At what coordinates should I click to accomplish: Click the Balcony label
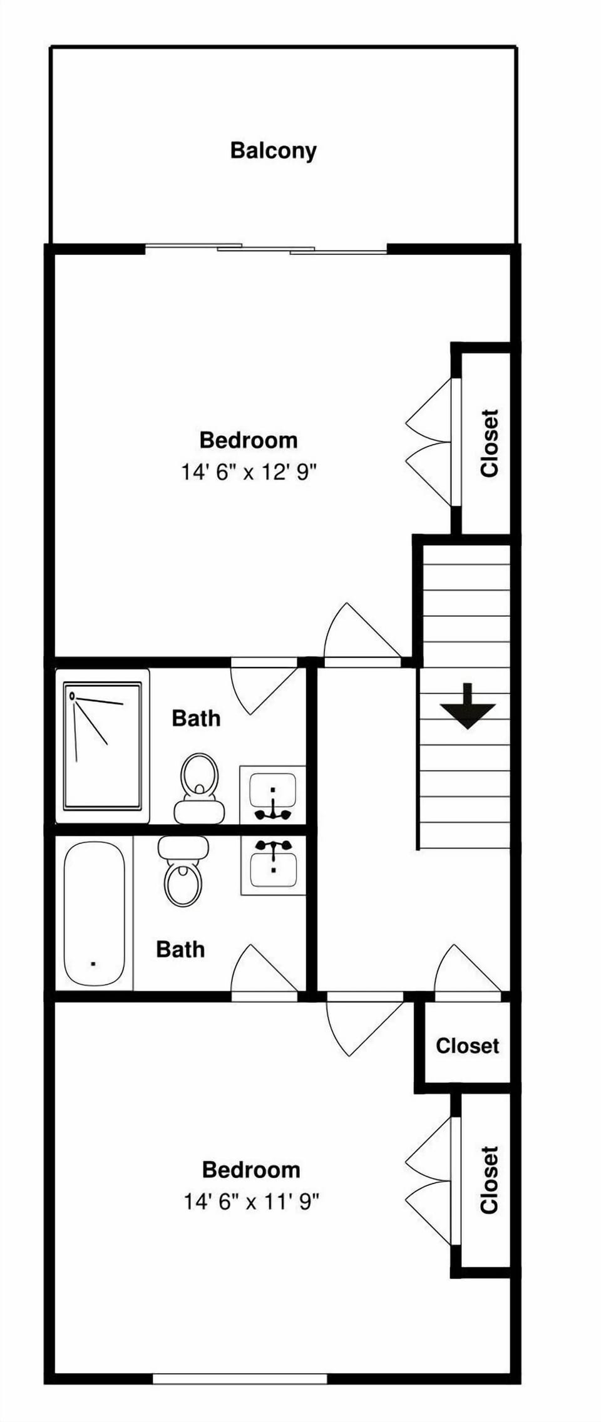click(273, 151)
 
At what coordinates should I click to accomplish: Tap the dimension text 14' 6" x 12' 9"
click(249, 471)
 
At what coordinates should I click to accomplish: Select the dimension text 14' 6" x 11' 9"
click(251, 1202)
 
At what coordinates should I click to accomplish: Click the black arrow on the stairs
click(468, 707)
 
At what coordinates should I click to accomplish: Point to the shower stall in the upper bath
click(102, 746)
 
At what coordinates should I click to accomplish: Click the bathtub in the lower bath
click(95, 914)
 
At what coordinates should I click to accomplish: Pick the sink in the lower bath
click(273, 865)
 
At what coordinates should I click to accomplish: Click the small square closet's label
click(467, 1046)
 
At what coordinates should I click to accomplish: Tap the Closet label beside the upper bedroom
click(489, 443)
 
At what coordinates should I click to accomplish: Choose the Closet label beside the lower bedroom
click(489, 1180)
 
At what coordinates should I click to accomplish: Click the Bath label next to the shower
click(196, 718)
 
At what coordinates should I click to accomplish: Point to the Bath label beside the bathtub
click(180, 949)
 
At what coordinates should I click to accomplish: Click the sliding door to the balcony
click(266, 249)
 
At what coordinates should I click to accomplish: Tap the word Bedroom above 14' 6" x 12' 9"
click(249, 440)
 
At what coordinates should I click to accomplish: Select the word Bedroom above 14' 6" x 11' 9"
click(251, 1170)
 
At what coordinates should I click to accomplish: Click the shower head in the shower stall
click(73, 695)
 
